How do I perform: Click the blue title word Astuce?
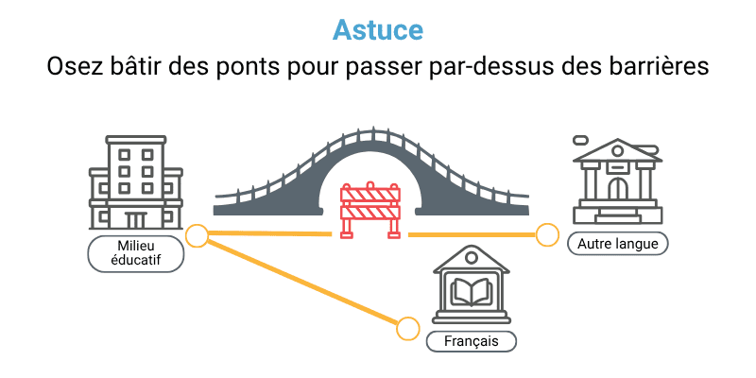pyautogui.click(x=378, y=29)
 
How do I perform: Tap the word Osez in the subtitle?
pyautogui.click(x=73, y=68)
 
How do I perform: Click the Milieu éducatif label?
pyautogui.click(x=135, y=253)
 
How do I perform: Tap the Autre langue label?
pyautogui.click(x=618, y=243)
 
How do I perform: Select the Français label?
pyautogui.click(x=471, y=339)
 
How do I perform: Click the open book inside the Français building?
pyautogui.click(x=471, y=292)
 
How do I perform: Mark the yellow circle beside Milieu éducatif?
pyautogui.click(x=197, y=235)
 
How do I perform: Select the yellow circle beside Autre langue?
pyautogui.click(x=547, y=234)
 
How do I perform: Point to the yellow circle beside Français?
pyautogui.click(x=407, y=328)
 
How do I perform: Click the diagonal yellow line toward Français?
pyautogui.click(x=302, y=283)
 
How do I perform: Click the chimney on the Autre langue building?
pyautogui.click(x=582, y=141)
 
